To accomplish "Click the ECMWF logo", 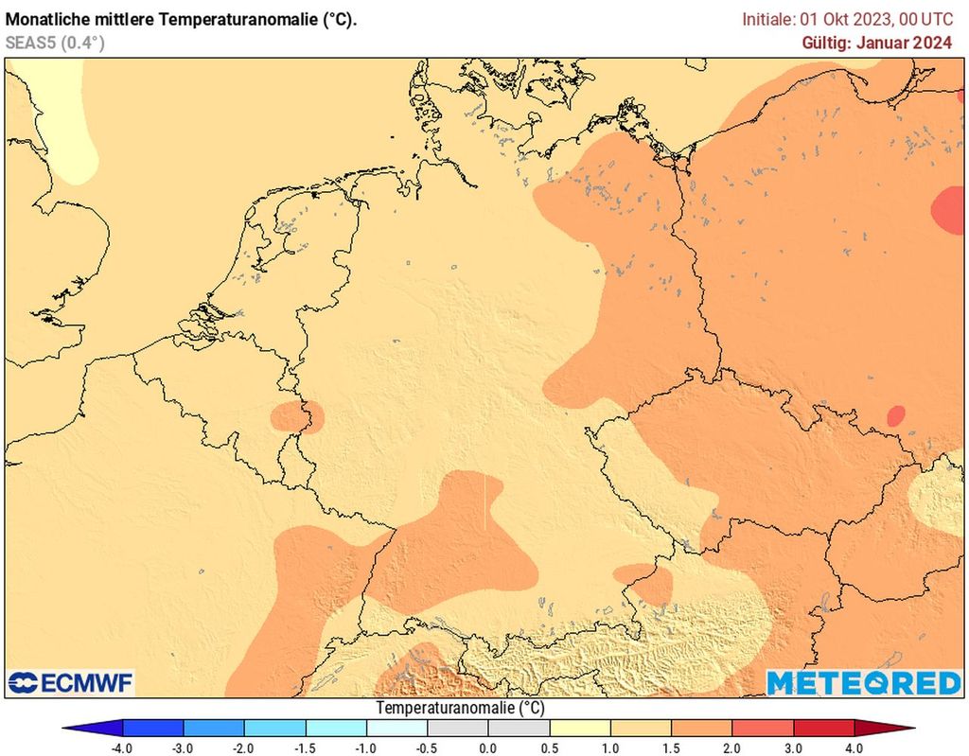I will (71, 682).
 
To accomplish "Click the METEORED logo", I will (862, 682).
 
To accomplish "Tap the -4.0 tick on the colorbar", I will (123, 747).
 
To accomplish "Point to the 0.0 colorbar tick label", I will (488, 747).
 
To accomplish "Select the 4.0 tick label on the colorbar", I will (854, 747).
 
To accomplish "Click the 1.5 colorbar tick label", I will (671, 747).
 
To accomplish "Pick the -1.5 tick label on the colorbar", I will (306, 747).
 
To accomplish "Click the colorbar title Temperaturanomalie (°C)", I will (461, 708).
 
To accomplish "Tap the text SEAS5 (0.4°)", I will (55, 43).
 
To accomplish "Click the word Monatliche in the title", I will (48, 19).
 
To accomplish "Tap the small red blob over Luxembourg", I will (296, 417).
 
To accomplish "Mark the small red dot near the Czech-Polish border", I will (895, 415).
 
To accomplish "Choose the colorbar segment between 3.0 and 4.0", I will (823, 728).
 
